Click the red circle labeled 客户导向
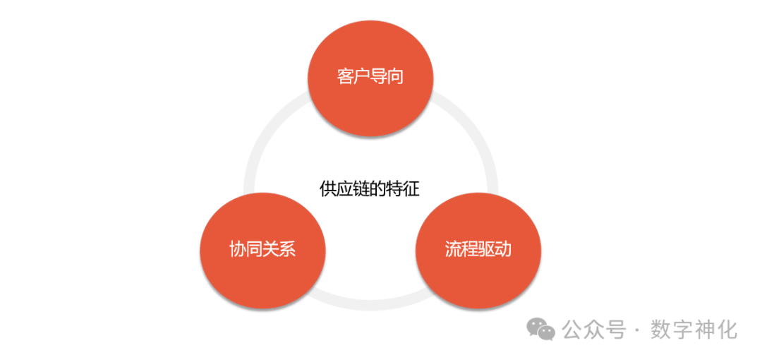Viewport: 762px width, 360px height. coord(370,76)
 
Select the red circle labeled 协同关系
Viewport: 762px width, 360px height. coord(262,250)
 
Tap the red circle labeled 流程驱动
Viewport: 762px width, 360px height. coord(478,250)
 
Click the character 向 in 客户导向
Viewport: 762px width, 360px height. coord(395,76)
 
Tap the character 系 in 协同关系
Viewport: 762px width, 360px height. coord(287,250)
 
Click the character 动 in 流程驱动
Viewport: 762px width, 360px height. coord(503,250)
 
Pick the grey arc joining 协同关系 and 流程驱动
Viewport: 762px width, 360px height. coord(370,305)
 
